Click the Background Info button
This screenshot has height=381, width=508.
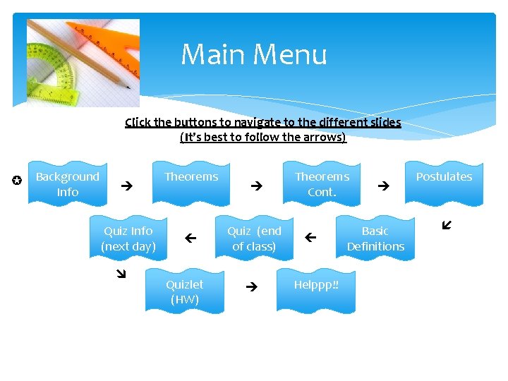(68, 183)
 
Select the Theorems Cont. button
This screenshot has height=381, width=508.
(322, 183)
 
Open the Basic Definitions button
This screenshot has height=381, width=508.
(375, 238)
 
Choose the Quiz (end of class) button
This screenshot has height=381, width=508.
(254, 238)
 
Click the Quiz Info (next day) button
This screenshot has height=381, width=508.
(128, 238)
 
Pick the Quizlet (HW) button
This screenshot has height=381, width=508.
(184, 291)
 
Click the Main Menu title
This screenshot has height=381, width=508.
(254, 54)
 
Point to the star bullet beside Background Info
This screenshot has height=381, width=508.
(17, 181)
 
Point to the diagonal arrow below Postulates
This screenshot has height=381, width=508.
(446, 226)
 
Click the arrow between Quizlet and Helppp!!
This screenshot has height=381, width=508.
(251, 287)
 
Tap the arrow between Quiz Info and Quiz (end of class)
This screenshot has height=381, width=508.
(189, 239)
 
